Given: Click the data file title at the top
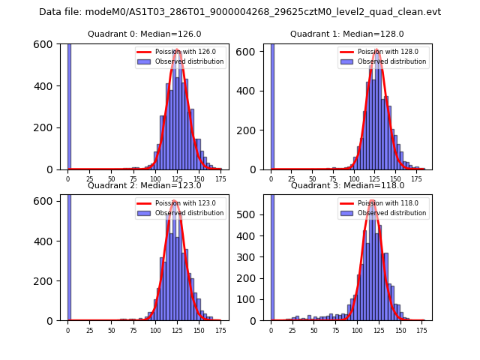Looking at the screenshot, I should pos(240,12).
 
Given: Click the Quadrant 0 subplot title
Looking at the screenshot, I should pos(145,34).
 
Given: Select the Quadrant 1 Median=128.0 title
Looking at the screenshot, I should pos(347,34).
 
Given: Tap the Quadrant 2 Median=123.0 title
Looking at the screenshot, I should pos(145,185).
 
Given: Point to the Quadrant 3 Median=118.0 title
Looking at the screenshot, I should pos(347,185).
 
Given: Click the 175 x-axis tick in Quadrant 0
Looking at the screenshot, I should pos(220,179).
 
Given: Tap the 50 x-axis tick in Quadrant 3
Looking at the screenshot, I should pos(314,330).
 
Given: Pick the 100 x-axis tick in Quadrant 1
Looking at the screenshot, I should pos(356,179).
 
